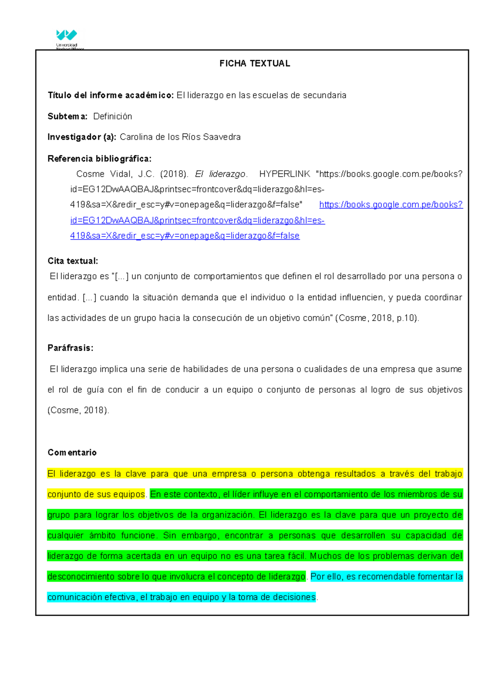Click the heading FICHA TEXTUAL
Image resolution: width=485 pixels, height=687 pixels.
click(255, 64)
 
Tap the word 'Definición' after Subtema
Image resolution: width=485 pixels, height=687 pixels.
click(112, 117)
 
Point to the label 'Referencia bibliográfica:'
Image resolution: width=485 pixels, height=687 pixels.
click(99, 159)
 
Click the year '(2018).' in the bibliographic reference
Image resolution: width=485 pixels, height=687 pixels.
click(174, 174)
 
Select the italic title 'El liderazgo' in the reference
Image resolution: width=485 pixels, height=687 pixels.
click(221, 174)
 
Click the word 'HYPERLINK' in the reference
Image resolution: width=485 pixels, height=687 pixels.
click(285, 174)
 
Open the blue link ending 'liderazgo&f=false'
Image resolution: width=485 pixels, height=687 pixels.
click(185, 236)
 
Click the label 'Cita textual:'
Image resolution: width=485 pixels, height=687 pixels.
click(73, 261)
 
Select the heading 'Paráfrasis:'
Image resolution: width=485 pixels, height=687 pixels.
click(70, 348)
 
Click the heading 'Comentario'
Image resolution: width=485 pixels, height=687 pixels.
click(72, 452)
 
